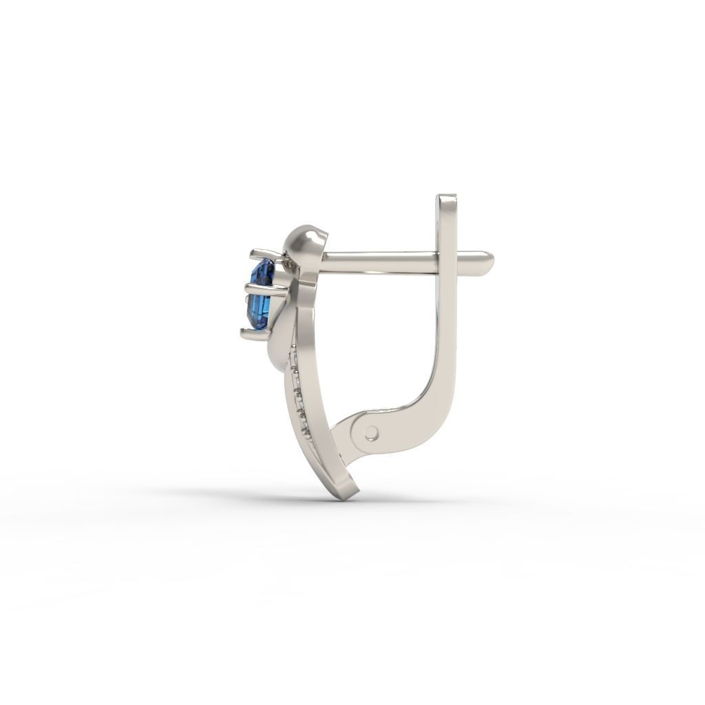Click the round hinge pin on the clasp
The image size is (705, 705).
371,432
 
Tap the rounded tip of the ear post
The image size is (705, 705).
488,260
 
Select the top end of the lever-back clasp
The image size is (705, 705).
446,200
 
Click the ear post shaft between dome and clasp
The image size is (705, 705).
379,262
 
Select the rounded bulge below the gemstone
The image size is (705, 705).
279,351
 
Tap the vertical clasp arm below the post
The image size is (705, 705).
446,330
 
